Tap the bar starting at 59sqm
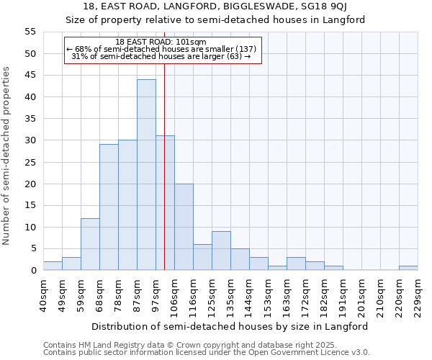90,244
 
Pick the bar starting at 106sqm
184,227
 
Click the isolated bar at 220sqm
408,268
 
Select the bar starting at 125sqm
221,251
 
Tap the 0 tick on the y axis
33,271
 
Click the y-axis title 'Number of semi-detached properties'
7,156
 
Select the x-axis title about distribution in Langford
230,326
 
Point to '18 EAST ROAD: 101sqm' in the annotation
161,42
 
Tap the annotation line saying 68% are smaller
161,49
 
